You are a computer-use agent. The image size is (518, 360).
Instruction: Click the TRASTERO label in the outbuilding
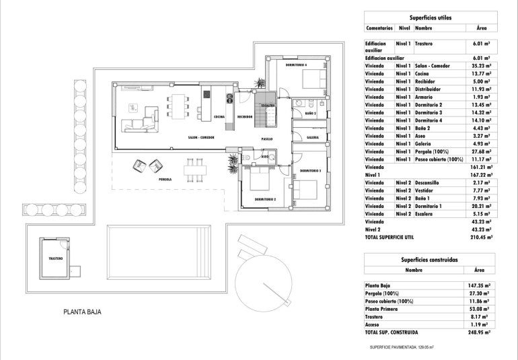point(55,258)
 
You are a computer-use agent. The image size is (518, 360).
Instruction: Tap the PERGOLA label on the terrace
point(165,180)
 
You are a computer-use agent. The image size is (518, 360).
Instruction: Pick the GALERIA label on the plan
point(313,137)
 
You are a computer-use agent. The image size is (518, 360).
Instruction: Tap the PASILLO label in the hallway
point(268,138)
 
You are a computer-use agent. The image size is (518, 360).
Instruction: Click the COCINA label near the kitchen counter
point(219,116)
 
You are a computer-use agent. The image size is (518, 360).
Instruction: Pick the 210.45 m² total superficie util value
point(480,237)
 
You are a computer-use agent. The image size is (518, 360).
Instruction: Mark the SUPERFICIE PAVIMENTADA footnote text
point(402,347)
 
